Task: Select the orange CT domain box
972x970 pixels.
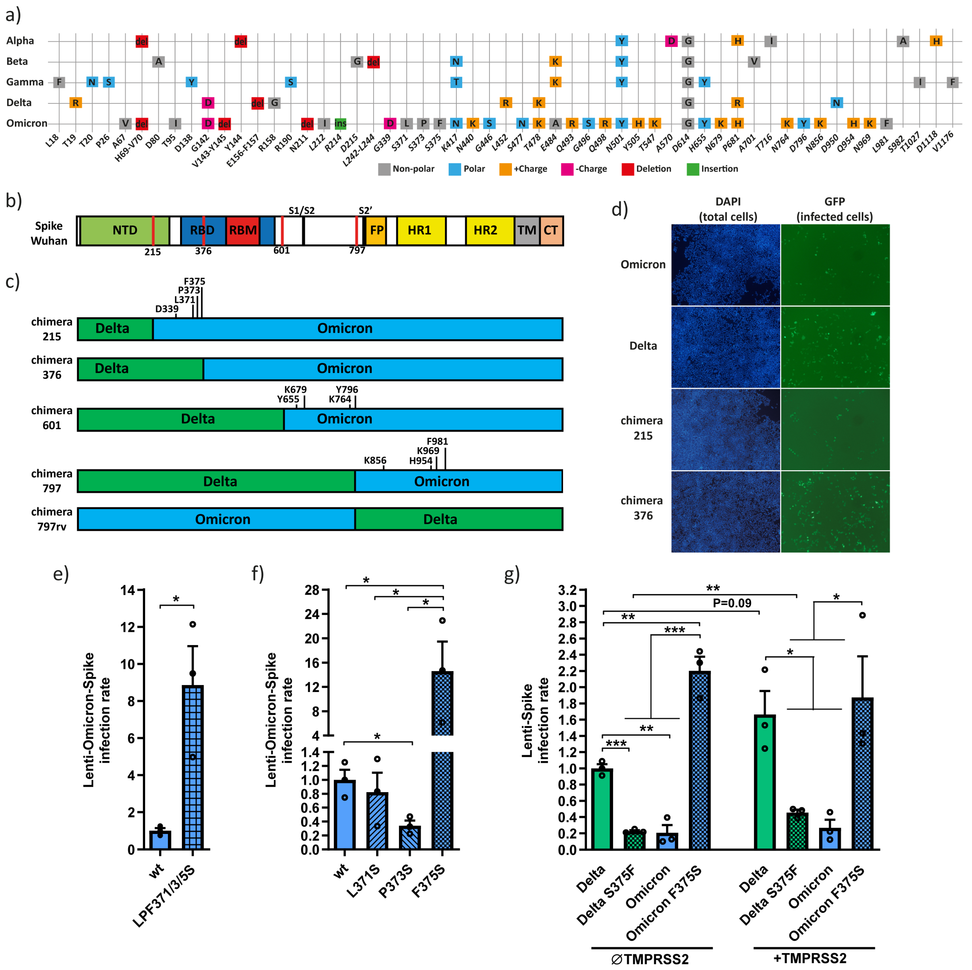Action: [x=551, y=230]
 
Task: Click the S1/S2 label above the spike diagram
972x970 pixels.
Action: [x=301, y=210]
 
